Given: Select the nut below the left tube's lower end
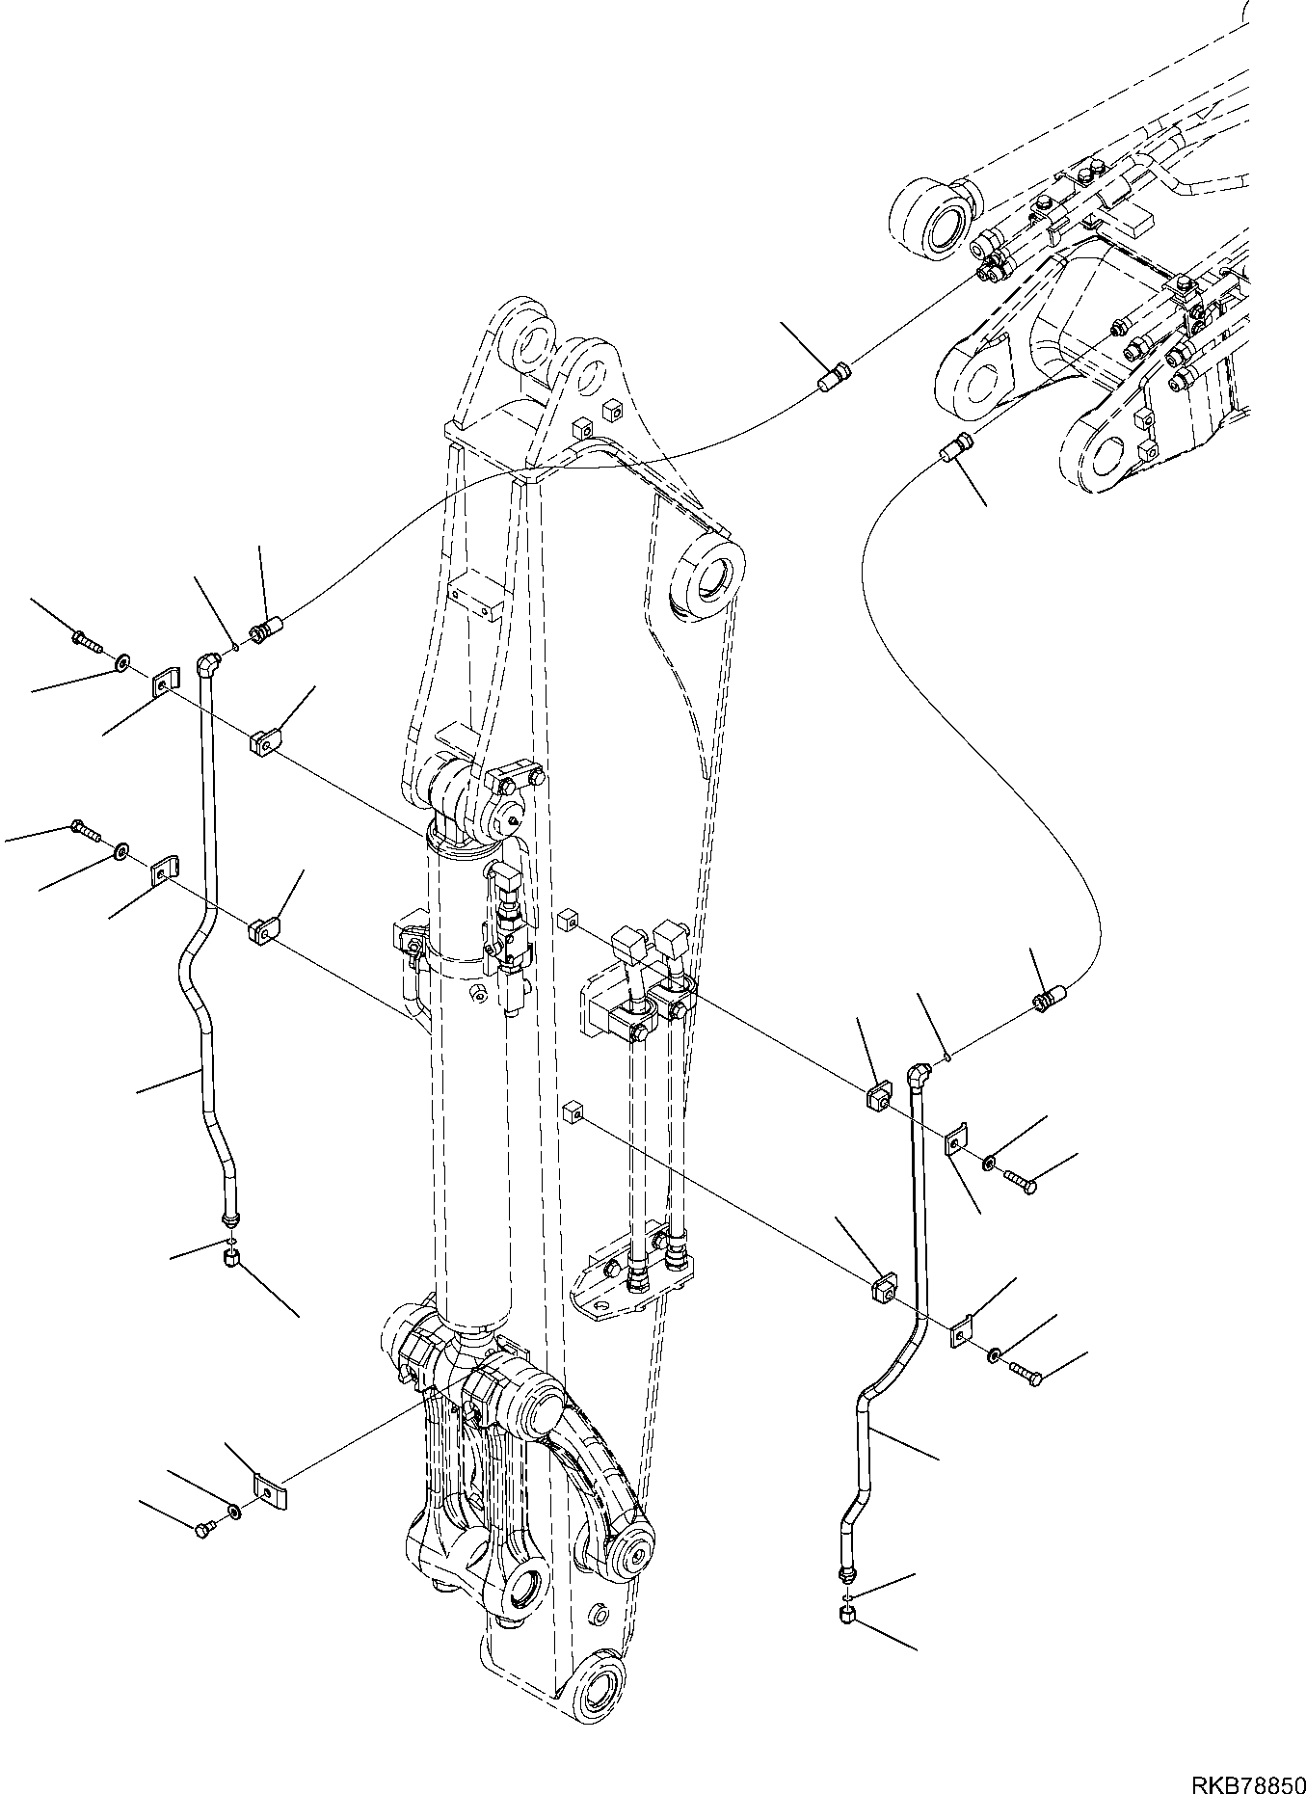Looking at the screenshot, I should click(x=230, y=1258).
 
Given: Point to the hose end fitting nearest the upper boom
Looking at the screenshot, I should click(x=834, y=377).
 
